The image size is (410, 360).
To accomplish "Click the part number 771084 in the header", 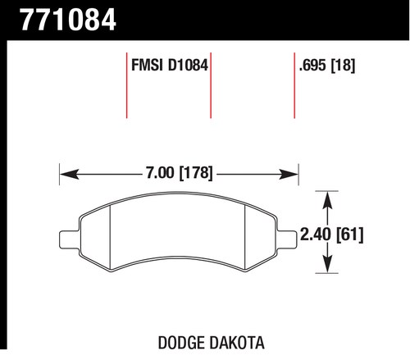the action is [x=68, y=20].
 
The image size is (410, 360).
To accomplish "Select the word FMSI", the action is [x=147, y=66].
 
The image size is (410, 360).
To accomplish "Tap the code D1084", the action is [x=188, y=66].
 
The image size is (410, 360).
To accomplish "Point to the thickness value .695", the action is [x=312, y=66].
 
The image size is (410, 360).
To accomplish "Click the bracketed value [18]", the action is [x=343, y=66].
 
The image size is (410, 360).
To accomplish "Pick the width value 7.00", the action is [x=160, y=173].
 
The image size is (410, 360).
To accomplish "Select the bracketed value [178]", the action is [x=195, y=173].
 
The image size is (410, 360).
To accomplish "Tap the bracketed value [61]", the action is [x=350, y=235].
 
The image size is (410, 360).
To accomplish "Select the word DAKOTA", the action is [x=237, y=343].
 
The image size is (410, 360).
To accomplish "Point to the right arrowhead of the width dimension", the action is [x=289, y=174].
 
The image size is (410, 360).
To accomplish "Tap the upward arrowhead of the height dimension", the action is [x=327, y=201].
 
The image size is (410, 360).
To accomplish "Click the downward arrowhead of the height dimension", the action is [x=327, y=263].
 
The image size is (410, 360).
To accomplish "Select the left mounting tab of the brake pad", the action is [x=70, y=239].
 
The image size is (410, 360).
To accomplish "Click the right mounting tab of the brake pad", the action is [x=287, y=239].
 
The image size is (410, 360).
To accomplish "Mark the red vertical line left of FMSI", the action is [x=127, y=85].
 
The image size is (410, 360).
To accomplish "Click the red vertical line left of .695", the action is [x=294, y=85].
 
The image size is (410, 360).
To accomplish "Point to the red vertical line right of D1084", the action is [x=211, y=85].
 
